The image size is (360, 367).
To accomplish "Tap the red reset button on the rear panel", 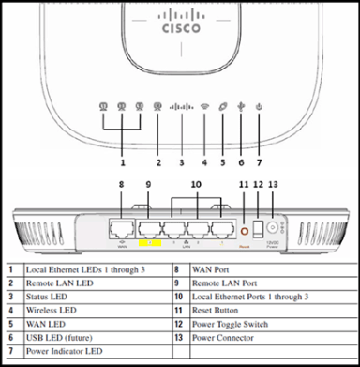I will coord(246,230).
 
